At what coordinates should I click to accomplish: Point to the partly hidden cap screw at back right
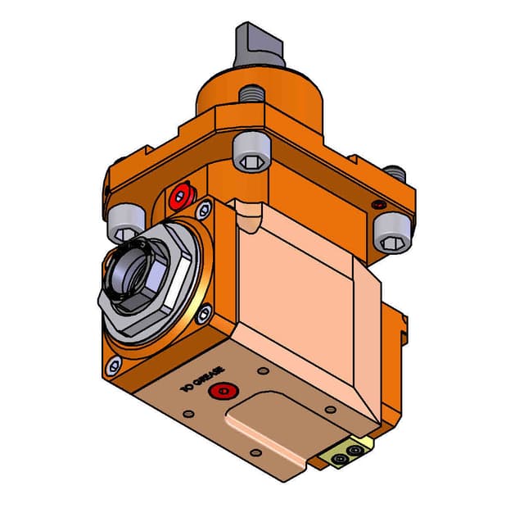(x=396, y=173)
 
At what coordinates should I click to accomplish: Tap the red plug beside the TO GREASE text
(x=219, y=391)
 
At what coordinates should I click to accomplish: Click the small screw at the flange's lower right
(x=205, y=311)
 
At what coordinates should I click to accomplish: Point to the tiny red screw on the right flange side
(x=377, y=203)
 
